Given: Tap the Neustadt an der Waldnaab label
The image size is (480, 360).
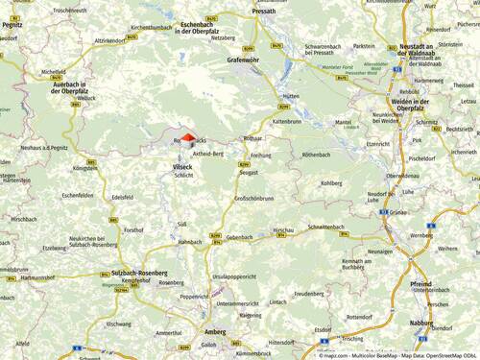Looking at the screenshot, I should pos(442,52).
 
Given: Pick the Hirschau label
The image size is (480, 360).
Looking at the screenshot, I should pos(283,231).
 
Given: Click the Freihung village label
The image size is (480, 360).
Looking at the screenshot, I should pos(261,155).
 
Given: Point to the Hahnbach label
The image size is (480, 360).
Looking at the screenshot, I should pos(190,242).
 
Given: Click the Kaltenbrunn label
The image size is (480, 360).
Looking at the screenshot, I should pos(287,122).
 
